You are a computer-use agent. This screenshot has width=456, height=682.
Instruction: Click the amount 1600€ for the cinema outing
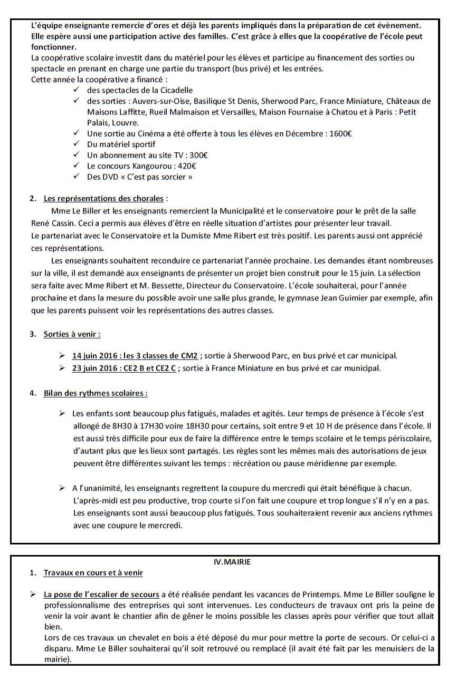340,133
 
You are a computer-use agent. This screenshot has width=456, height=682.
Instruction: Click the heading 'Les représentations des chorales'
103,199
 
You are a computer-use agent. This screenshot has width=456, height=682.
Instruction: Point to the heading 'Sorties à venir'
72,334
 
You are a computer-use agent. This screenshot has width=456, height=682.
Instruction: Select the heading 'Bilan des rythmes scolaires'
95,393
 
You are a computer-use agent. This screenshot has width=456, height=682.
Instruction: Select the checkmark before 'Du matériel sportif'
77,144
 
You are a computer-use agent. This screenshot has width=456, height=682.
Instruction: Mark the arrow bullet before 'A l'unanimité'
62,488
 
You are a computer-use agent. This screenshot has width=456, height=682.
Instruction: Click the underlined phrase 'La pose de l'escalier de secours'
101,595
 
